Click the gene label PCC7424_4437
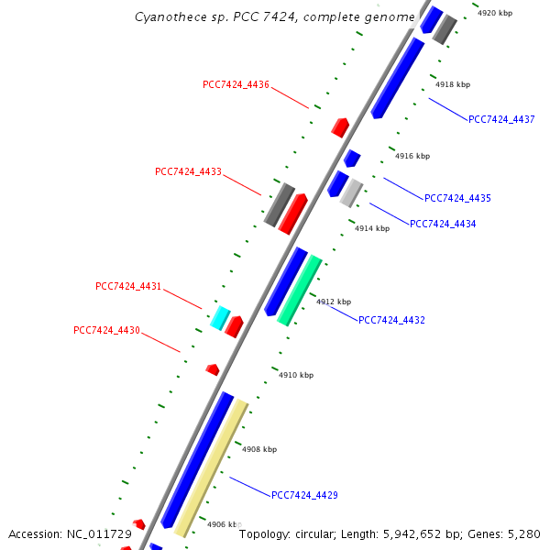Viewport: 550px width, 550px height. click(501, 119)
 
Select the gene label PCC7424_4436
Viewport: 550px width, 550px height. click(236, 85)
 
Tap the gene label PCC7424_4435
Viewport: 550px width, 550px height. click(457, 198)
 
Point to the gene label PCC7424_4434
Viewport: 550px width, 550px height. click(443, 224)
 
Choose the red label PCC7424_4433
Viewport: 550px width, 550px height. click(188, 172)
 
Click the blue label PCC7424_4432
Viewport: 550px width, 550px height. click(391, 321)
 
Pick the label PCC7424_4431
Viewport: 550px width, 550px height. click(128, 287)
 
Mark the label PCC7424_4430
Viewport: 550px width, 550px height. click(106, 330)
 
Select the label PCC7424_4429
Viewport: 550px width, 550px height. click(304, 495)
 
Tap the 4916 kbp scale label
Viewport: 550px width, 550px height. click(412, 157)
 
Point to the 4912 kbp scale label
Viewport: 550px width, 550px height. click(334, 302)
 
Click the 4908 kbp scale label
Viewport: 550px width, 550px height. click(259, 449)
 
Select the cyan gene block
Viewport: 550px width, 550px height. click(220, 317)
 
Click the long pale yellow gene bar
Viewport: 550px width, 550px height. click(212, 467)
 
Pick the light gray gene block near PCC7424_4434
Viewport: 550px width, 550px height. click(351, 192)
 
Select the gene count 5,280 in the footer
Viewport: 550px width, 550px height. click(523, 533)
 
